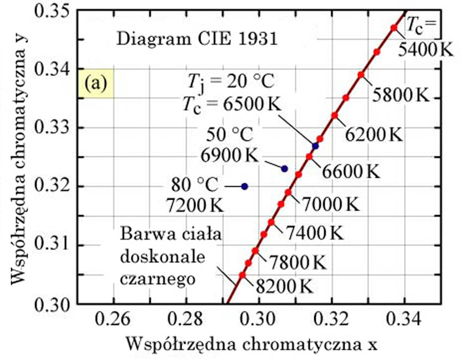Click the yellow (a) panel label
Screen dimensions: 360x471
point(95,84)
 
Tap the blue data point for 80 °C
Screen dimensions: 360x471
point(244,186)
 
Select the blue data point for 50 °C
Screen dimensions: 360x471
point(285,169)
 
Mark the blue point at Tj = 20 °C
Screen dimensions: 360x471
point(315,146)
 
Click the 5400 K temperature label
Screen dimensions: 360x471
point(426,49)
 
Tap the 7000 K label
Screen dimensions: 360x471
point(331,204)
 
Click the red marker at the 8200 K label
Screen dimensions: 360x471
point(242,275)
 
